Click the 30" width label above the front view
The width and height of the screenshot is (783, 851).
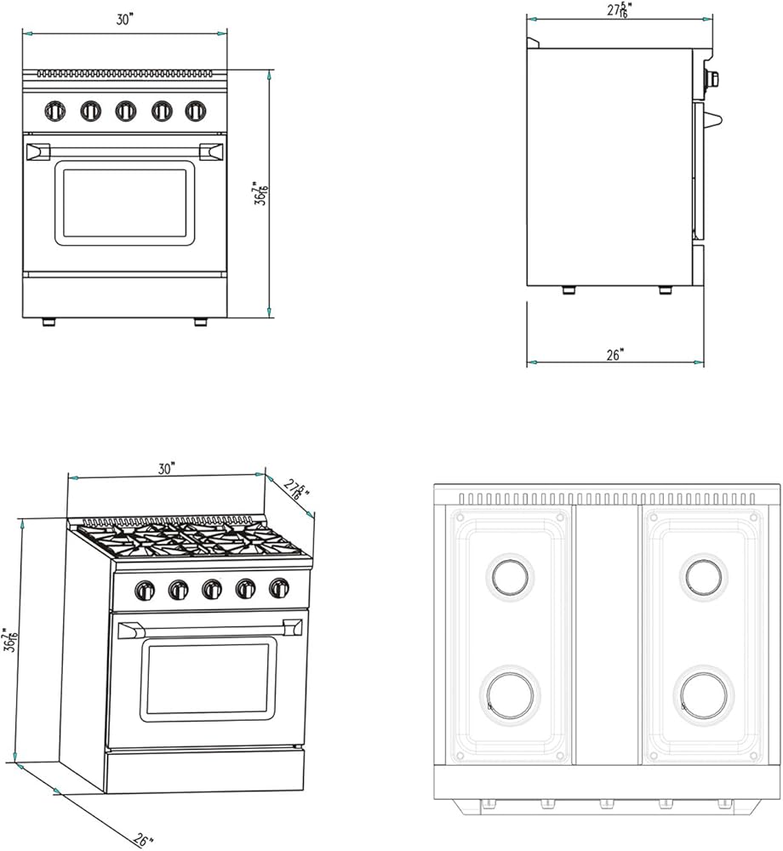tap(124, 19)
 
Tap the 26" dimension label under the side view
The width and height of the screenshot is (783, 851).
tap(614, 354)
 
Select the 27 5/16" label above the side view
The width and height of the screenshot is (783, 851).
tap(619, 9)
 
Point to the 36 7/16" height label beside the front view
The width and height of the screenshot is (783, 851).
tap(261, 193)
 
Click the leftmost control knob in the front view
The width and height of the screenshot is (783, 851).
tap(54, 111)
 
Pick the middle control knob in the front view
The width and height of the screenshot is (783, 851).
tap(125, 111)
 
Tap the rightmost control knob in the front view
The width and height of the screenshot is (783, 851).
tap(196, 111)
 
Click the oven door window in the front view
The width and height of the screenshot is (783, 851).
tap(124, 203)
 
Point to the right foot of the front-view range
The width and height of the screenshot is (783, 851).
tap(201, 323)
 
